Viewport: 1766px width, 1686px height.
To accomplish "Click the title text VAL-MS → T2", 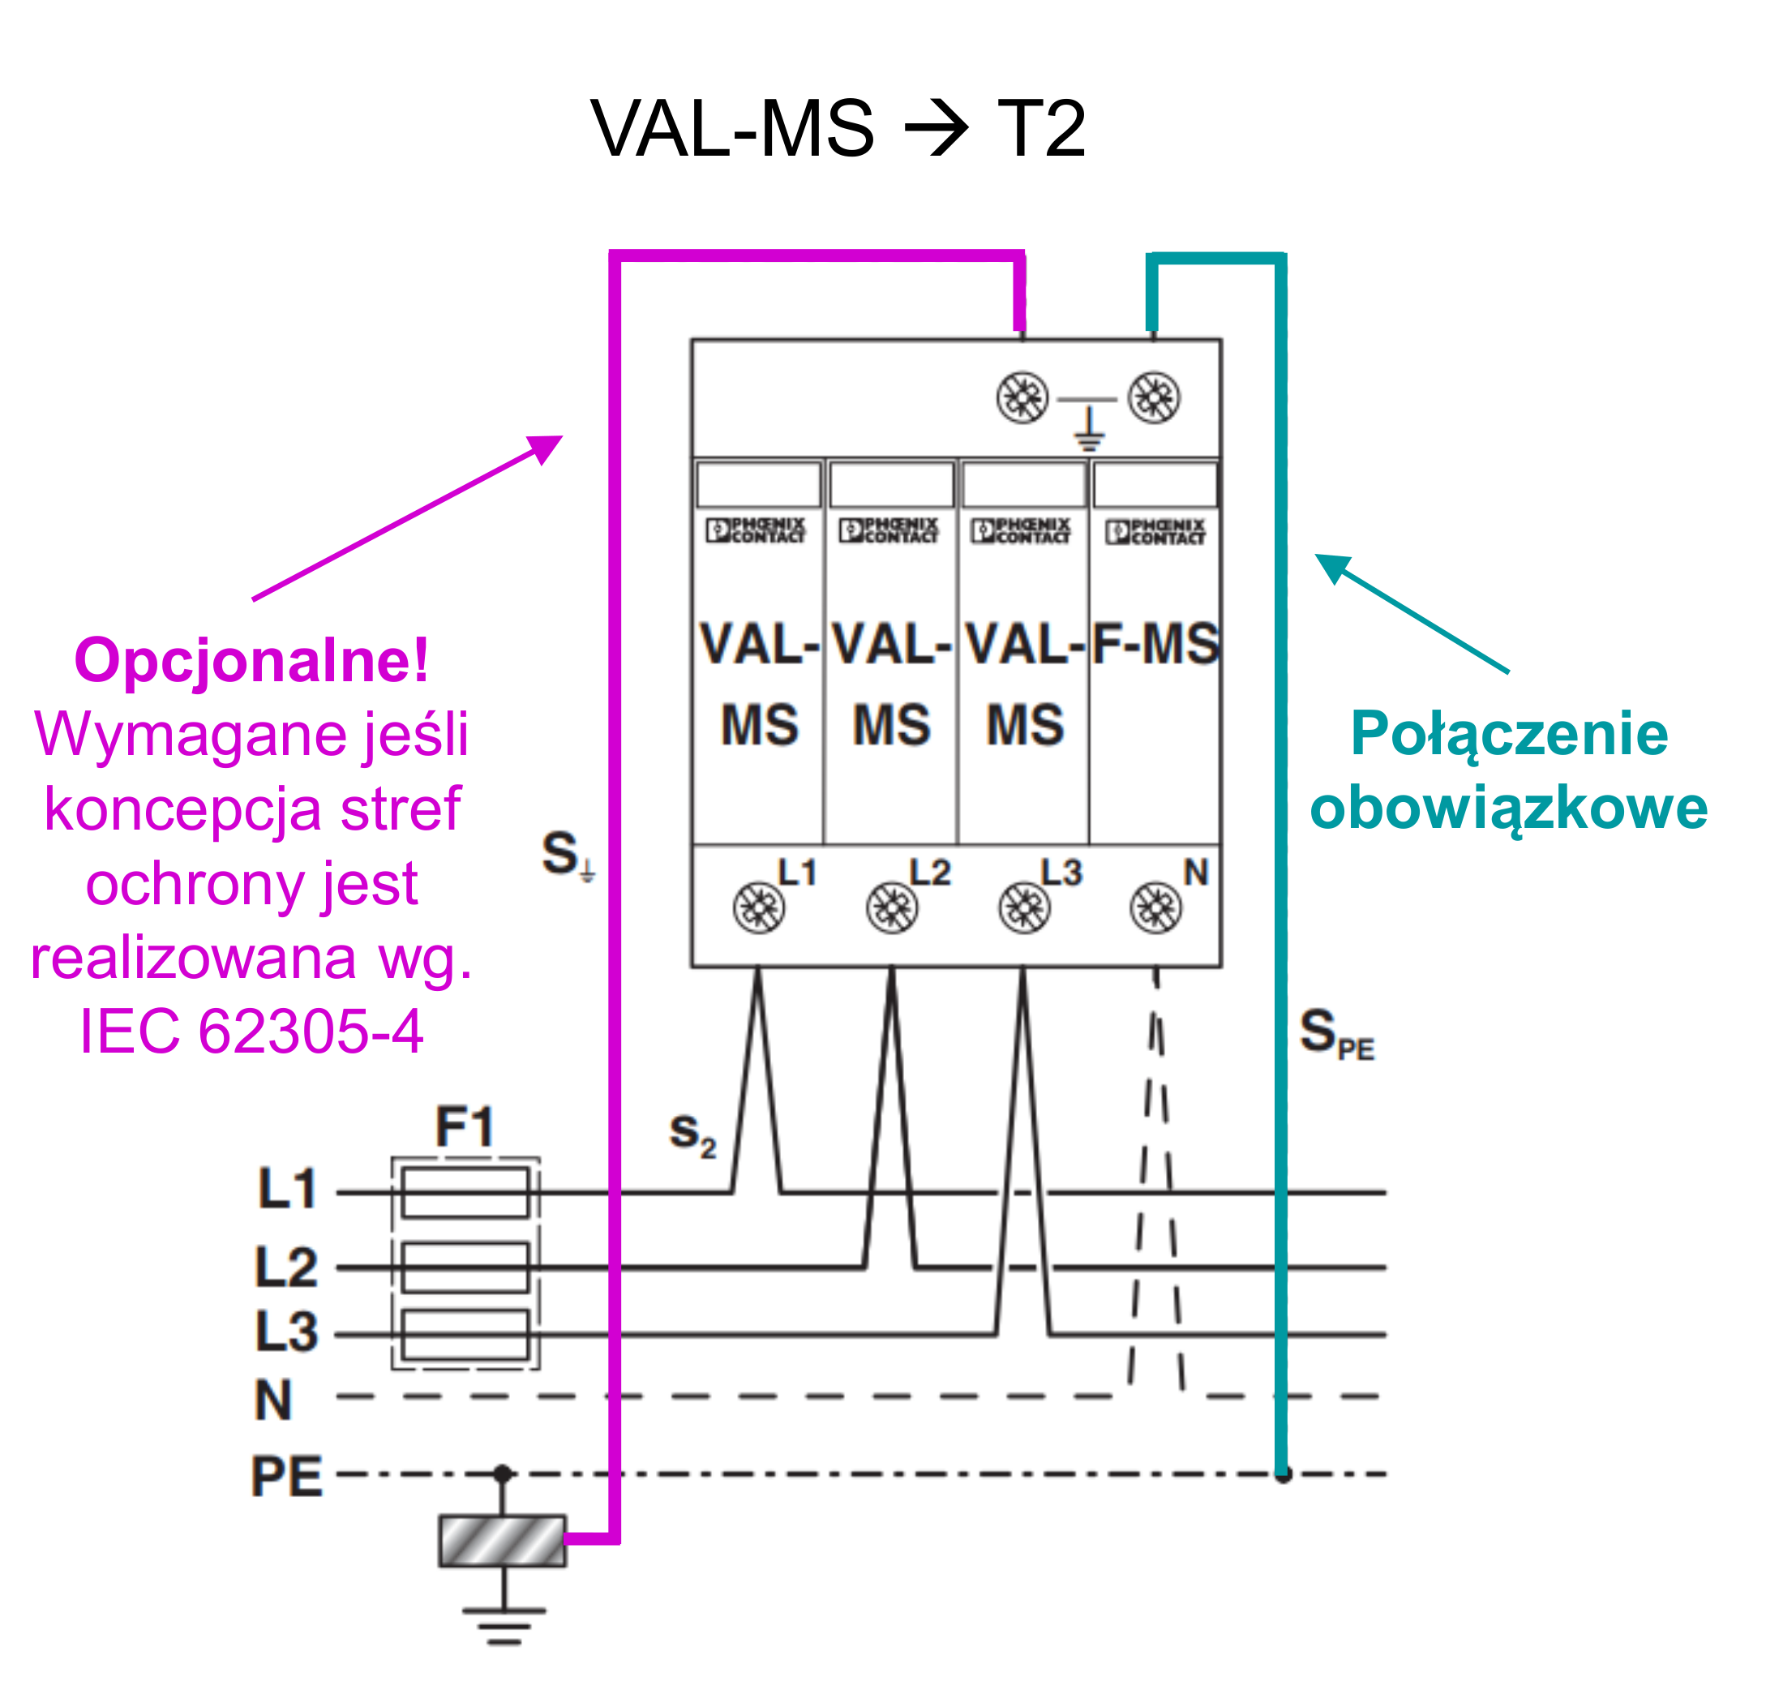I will coord(838,127).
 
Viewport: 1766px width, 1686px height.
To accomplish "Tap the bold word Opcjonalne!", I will coord(251,661).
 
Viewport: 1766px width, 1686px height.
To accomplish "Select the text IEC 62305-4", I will coord(251,1031).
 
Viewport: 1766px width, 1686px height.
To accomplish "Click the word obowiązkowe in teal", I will coord(1508,807).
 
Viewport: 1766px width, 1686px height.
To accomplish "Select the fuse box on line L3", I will coord(465,1334).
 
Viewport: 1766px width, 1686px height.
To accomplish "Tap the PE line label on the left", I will coord(285,1476).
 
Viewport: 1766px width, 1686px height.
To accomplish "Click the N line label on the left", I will coord(273,1399).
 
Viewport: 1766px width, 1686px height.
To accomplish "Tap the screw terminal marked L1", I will coord(758,907).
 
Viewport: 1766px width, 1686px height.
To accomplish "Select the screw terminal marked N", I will coord(1155,907).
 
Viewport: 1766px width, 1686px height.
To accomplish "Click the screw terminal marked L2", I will coord(892,907).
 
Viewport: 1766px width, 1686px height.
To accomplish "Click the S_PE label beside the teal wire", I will coord(1336,1032).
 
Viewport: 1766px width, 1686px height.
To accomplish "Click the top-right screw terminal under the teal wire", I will coord(1154,397).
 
